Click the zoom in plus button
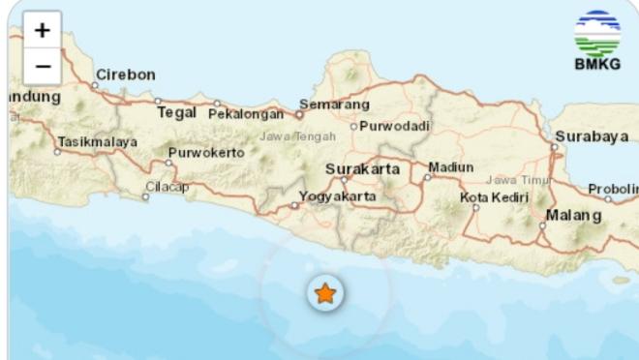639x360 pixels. pyautogui.click(x=42, y=30)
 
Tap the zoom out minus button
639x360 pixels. pyautogui.click(x=42, y=66)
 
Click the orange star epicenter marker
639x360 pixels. pyautogui.click(x=325, y=293)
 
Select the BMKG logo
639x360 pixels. pyautogui.click(x=596, y=41)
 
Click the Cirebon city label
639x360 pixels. pyautogui.click(x=125, y=75)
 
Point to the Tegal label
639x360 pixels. pyautogui.click(x=176, y=112)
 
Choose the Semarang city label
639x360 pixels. pyautogui.click(x=334, y=104)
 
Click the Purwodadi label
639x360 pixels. pyautogui.click(x=395, y=126)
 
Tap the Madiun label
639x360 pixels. pyautogui.click(x=451, y=167)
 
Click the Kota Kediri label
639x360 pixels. pyautogui.click(x=495, y=197)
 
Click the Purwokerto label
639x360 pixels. pyautogui.click(x=206, y=153)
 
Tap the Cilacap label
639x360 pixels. pyautogui.click(x=167, y=187)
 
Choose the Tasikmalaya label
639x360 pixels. pyautogui.click(x=97, y=141)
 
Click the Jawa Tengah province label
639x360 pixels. pyautogui.click(x=297, y=136)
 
